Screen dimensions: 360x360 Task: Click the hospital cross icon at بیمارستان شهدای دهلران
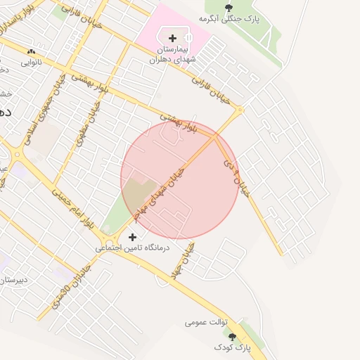pos(172,38)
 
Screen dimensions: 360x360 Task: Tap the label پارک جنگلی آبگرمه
pos(229,19)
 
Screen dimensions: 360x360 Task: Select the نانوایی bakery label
pos(31,62)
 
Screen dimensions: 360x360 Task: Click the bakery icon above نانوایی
pos(31,52)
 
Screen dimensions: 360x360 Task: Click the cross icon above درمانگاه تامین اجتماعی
pos(132,238)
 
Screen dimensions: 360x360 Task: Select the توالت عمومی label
pos(207,322)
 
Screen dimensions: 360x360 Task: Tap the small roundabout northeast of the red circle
pos(240,109)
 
